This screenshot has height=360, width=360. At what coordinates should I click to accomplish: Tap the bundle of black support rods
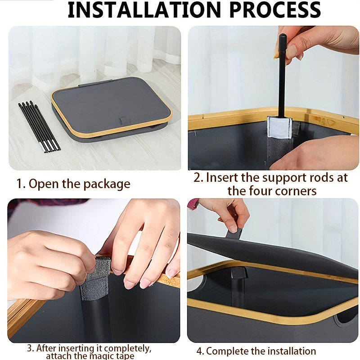(x=39, y=126)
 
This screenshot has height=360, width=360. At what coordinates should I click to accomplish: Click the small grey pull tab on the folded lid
(x=123, y=121)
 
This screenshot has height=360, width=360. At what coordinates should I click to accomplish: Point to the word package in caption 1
(x=107, y=184)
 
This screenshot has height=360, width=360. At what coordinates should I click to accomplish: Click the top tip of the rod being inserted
(x=283, y=36)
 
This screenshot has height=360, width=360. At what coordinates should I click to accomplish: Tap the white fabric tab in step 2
(x=279, y=127)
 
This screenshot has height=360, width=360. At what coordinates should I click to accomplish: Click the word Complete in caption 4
(x=228, y=351)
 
